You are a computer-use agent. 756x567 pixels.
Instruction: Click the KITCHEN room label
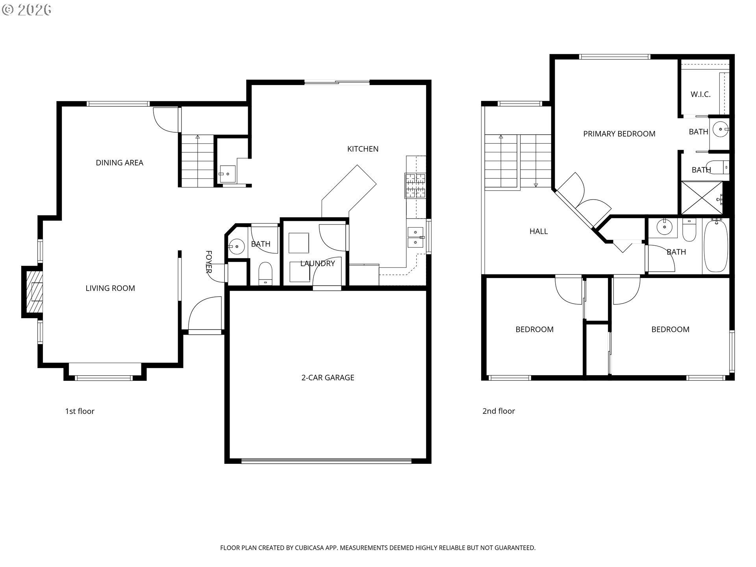tap(363, 149)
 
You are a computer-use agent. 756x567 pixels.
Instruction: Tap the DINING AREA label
tap(119, 163)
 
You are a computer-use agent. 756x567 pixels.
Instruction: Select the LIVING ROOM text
tap(110, 288)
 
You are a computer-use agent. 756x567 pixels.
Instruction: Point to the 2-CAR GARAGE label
tap(328, 378)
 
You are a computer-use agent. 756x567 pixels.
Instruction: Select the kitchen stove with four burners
tap(415, 185)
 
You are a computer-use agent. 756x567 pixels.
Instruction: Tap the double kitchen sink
tap(415, 237)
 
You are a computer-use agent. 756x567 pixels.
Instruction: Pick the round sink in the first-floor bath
tap(237, 246)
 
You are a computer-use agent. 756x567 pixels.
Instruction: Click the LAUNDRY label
tap(317, 263)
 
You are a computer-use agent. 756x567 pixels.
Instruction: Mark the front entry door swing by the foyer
tap(204, 314)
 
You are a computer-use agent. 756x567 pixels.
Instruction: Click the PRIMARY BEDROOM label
tap(619, 134)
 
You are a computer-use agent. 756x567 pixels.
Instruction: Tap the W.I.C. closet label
tap(700, 94)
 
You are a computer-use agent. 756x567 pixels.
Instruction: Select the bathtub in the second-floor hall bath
tap(716, 246)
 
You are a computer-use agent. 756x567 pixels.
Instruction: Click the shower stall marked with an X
tap(702, 198)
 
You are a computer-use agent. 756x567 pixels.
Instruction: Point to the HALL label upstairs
tap(538, 232)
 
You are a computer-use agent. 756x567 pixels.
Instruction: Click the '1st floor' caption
tap(80, 411)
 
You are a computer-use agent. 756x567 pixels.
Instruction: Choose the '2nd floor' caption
tap(498, 411)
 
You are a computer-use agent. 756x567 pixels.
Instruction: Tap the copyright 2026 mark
tap(27, 10)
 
